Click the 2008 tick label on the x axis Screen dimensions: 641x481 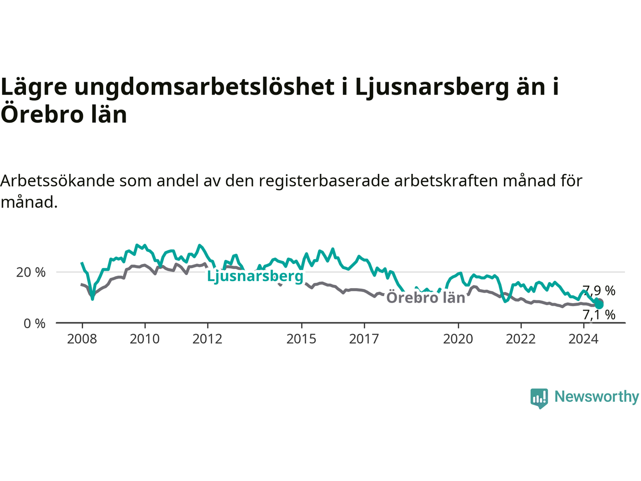(82, 339)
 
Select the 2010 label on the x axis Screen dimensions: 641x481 (145, 339)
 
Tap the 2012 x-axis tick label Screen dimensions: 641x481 (207, 339)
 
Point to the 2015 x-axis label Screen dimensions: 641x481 (301, 339)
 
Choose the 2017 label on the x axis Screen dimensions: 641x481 (364, 339)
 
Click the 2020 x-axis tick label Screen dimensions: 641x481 (458, 339)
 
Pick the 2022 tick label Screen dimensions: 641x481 (521, 339)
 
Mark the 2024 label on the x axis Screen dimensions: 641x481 (583, 339)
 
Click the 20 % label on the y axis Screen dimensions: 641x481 (31, 273)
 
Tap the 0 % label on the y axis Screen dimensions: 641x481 (35, 324)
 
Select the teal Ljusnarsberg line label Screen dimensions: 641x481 (255, 276)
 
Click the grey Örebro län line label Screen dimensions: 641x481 (426, 298)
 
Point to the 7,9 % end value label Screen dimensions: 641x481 (599, 291)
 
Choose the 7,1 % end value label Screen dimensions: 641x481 (599, 315)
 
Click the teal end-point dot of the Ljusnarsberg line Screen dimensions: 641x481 (599, 305)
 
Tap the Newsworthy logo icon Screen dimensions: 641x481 (539, 398)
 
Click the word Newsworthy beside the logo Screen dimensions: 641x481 (596, 397)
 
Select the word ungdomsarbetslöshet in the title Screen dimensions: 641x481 (204, 87)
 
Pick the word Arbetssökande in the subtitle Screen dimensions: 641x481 (58, 181)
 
